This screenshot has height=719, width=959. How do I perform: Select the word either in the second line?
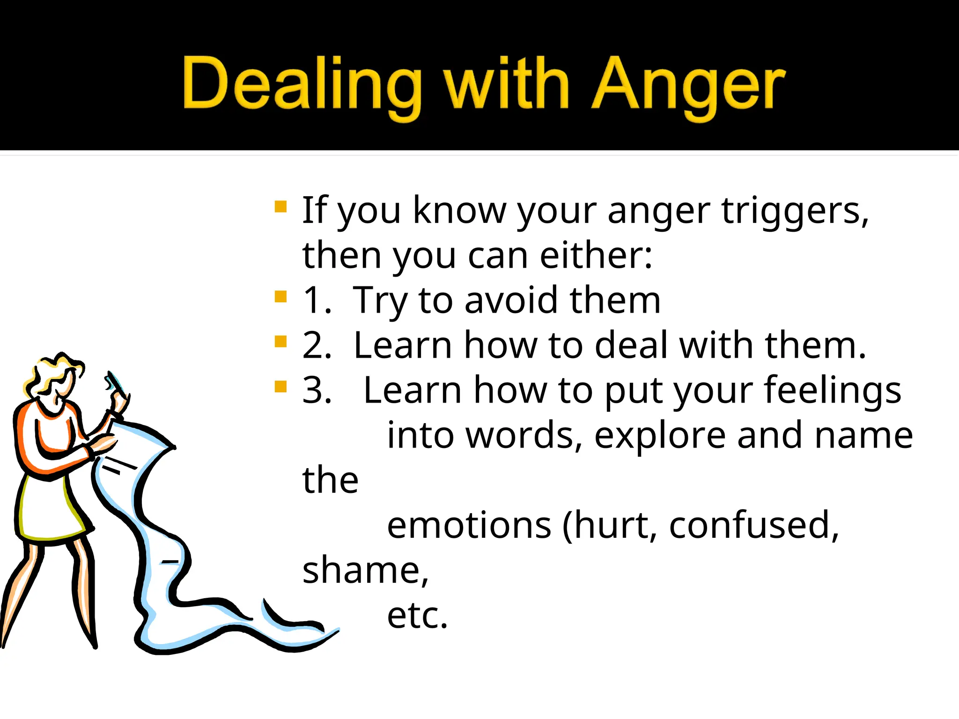(x=595, y=256)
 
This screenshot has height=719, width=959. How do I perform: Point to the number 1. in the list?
(x=317, y=300)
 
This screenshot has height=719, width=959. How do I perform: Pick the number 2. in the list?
(x=317, y=345)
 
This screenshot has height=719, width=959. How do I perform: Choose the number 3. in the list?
(x=317, y=390)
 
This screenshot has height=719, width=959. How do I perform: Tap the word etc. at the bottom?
(x=417, y=615)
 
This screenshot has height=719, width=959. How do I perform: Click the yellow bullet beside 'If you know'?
(x=280, y=206)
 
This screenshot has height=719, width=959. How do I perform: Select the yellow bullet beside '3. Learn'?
(x=280, y=387)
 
